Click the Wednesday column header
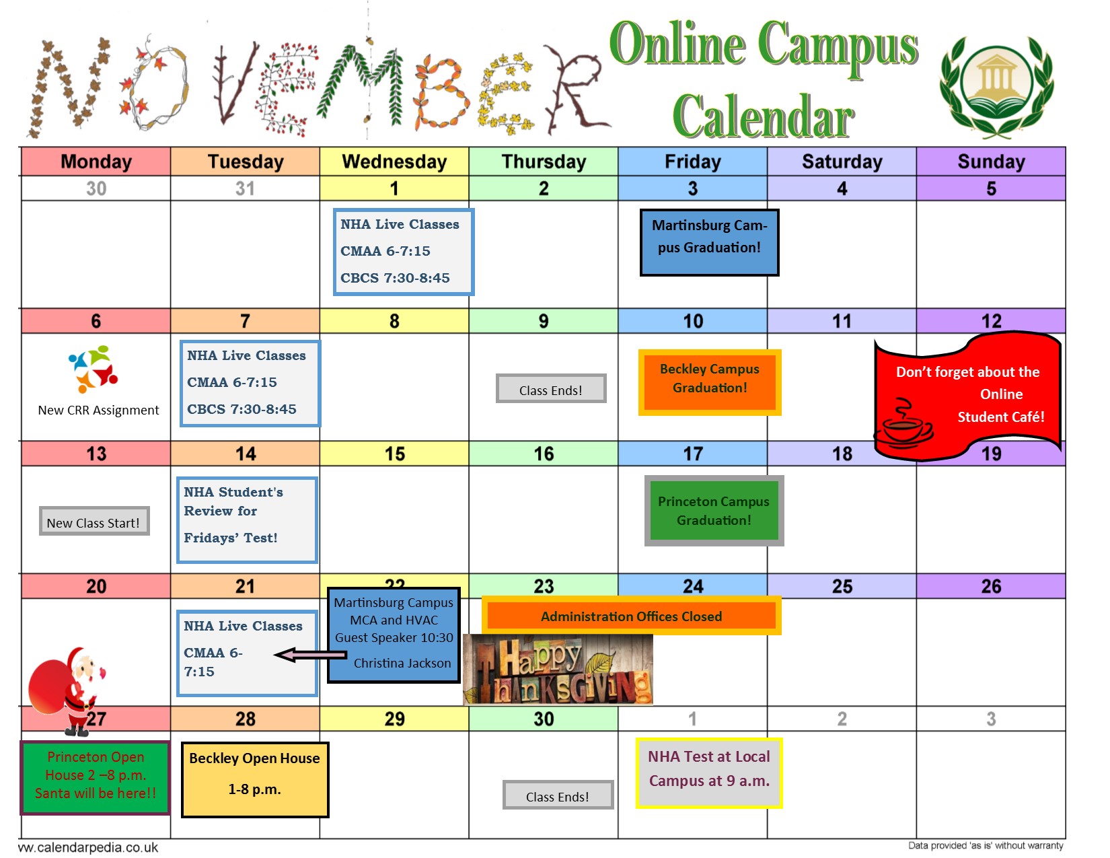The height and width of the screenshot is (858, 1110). (x=394, y=162)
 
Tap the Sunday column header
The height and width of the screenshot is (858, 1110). (x=990, y=162)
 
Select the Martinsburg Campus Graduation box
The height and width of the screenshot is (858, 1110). (x=709, y=242)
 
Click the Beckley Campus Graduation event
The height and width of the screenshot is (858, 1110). (x=710, y=382)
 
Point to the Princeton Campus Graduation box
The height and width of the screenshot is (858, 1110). (x=714, y=511)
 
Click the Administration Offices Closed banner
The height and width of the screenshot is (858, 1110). (x=632, y=616)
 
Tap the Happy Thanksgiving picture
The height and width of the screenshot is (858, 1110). (x=558, y=670)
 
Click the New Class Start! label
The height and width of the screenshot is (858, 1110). (x=94, y=522)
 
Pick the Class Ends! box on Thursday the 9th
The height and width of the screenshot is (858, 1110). (x=551, y=389)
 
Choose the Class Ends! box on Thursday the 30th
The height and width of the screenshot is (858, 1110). (x=558, y=795)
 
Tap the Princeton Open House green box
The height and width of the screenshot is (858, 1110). (x=95, y=777)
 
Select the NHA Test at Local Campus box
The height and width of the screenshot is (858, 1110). (x=709, y=773)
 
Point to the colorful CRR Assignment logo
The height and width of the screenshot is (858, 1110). (x=94, y=369)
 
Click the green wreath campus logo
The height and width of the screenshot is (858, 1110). (x=996, y=86)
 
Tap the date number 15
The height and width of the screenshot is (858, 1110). (x=394, y=454)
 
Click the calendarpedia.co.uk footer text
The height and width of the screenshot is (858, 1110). (x=88, y=847)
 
